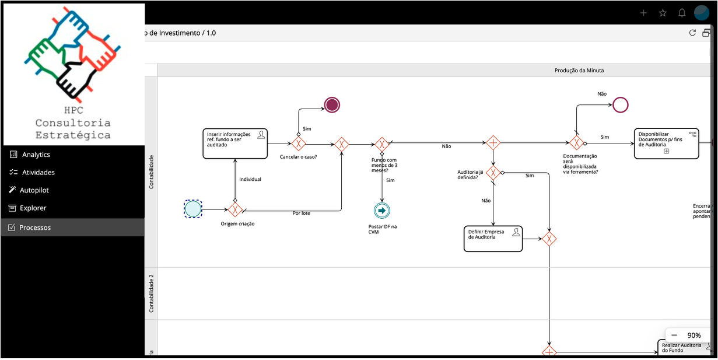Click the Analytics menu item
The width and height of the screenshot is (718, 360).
36,155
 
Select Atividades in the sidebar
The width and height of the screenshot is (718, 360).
38,173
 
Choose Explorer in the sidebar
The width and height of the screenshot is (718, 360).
33,208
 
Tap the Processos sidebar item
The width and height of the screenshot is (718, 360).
35,228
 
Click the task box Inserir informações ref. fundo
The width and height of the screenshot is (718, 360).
235,144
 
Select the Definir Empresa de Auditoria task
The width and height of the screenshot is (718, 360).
493,239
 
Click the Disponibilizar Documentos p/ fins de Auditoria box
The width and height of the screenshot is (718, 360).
666,144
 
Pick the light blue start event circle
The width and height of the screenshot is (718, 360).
193,209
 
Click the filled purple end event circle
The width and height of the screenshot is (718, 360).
332,105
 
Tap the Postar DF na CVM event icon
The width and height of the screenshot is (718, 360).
382,210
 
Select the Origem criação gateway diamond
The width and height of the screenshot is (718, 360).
235,209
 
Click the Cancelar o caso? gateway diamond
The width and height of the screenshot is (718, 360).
299,144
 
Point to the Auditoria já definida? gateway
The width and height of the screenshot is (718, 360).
493,173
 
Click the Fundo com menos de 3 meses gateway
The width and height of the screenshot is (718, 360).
382,144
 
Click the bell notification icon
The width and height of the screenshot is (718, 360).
682,13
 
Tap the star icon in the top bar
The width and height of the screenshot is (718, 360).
663,13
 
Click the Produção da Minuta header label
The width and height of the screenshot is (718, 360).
579,71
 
